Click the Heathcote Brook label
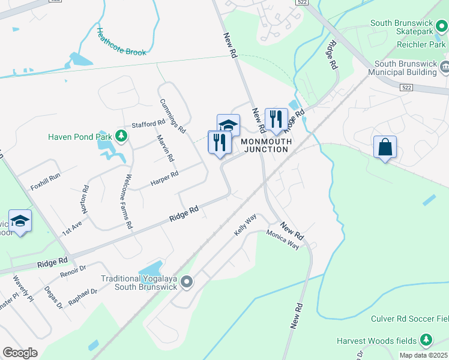click(122, 43)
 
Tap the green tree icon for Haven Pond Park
click(122, 137)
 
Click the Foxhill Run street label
click(46, 181)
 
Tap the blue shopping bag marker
click(384, 146)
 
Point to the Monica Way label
click(283, 239)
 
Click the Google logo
click(20, 352)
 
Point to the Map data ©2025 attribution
click(423, 355)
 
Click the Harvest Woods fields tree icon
click(426, 340)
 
